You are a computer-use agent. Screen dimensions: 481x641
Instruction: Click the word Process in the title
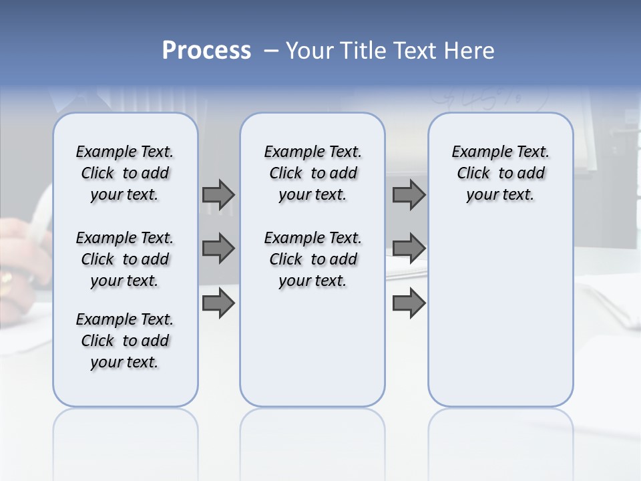tap(206, 51)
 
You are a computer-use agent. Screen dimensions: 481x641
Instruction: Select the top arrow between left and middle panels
tap(218, 194)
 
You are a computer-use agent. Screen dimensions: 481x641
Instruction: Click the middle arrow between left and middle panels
tap(218, 249)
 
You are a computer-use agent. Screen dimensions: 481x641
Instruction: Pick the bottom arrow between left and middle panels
tap(218, 303)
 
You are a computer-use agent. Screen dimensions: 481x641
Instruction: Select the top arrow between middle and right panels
tap(409, 194)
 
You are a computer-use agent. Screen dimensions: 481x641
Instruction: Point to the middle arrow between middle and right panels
tap(409, 249)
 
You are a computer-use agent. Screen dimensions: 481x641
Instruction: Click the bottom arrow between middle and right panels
tap(409, 303)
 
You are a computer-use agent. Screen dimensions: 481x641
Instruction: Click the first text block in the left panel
tap(125, 173)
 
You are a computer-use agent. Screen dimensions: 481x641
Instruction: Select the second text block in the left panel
tap(125, 259)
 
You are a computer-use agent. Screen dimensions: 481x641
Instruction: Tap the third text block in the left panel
tap(125, 341)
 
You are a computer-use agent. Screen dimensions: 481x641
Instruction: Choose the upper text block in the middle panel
tap(312, 173)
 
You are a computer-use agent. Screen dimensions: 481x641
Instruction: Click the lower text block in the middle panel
tap(312, 259)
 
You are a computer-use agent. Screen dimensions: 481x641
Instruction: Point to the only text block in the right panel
tap(501, 173)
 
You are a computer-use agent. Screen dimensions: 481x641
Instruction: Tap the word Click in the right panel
tap(473, 174)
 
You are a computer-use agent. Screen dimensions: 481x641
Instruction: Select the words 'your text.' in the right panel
tap(501, 195)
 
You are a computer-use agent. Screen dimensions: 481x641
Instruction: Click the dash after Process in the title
tap(271, 51)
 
